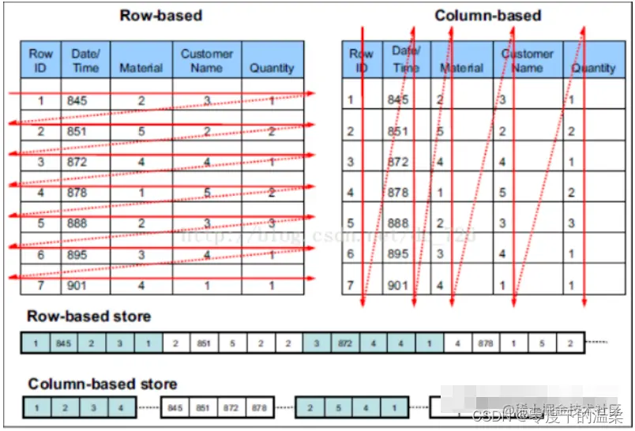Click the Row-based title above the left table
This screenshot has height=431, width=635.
[161, 15]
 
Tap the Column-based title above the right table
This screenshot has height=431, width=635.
[488, 15]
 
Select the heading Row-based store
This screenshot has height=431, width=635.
[88, 316]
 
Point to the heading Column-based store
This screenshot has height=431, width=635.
[103, 384]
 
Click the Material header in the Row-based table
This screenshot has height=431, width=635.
[141, 68]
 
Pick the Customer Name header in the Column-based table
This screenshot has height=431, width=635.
[528, 61]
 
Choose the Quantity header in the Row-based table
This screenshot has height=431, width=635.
[272, 68]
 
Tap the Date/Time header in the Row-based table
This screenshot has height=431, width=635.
[85, 61]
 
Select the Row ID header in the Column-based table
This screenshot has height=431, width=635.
[362, 61]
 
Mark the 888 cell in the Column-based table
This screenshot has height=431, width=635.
[398, 223]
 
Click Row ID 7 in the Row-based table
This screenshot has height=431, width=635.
[40, 285]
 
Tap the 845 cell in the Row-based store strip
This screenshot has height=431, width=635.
[64, 343]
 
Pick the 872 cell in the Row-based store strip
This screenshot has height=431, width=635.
[344, 343]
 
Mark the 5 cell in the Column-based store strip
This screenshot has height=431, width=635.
[338, 408]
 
